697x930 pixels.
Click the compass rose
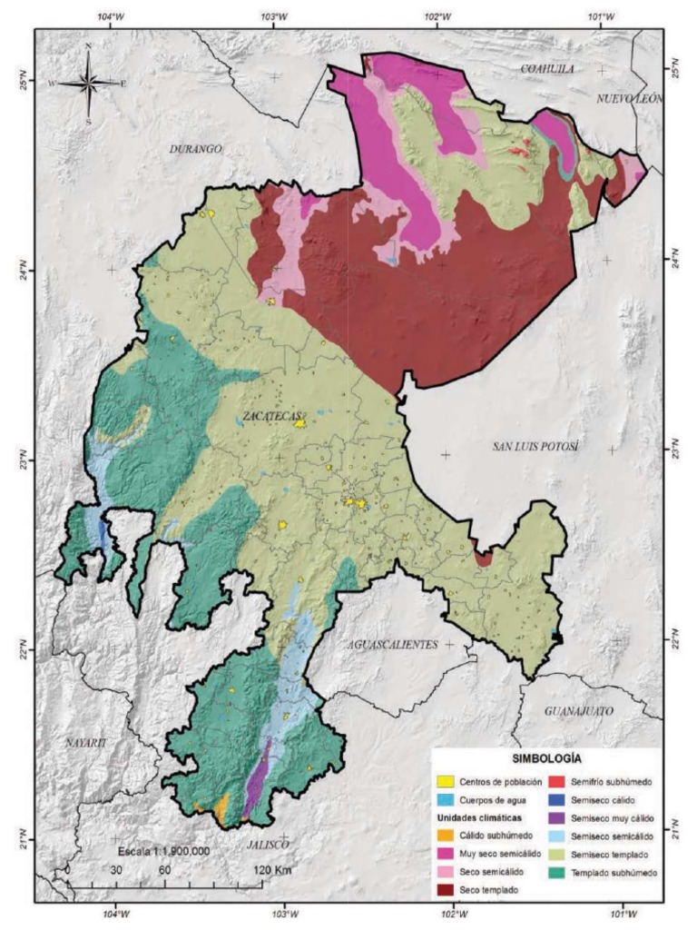[x=88, y=83]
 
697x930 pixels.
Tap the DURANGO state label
[x=195, y=148]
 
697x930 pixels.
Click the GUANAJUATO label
[x=580, y=710]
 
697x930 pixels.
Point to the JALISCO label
[x=267, y=844]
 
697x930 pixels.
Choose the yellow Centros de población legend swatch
[x=447, y=781]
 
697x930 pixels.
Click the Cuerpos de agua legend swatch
[x=447, y=798]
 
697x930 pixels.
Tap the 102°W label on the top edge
[x=437, y=16]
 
